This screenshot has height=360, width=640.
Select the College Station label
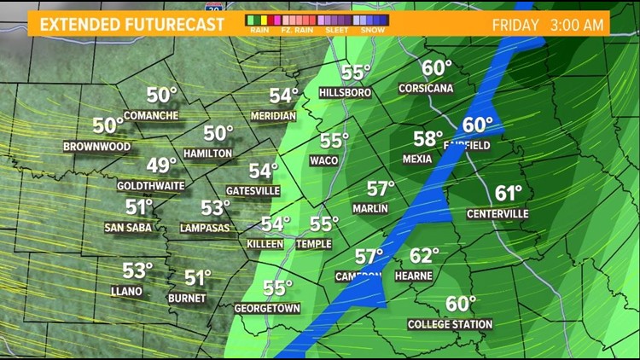click(450, 324)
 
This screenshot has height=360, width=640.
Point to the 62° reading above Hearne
click(424, 255)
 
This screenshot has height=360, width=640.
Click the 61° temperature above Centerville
click(509, 194)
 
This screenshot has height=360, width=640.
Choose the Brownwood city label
click(96, 146)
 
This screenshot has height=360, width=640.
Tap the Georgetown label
click(267, 308)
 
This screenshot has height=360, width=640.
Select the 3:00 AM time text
click(577, 25)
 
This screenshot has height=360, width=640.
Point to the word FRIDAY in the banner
click(515, 25)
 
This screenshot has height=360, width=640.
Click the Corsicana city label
click(426, 88)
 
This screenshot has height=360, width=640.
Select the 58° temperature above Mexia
click(428, 139)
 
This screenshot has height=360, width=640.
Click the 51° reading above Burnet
click(198, 278)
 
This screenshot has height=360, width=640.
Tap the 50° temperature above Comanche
click(161, 95)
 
